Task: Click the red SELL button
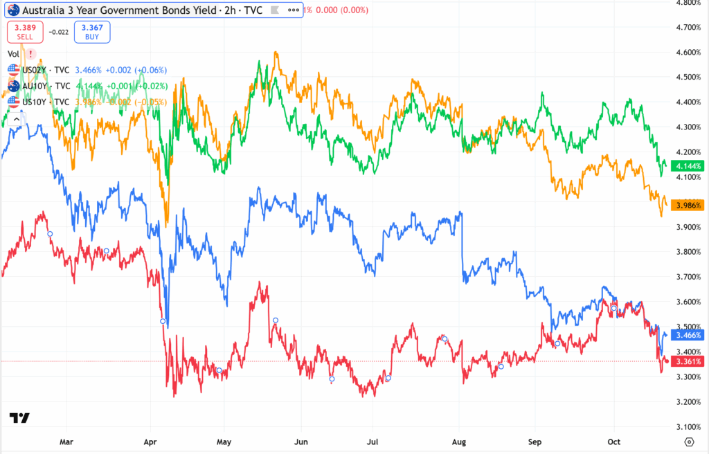(x=25, y=33)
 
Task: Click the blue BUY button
(x=93, y=33)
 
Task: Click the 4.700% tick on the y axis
(x=688, y=27)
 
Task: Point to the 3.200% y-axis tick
(x=688, y=401)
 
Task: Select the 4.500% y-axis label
(x=688, y=77)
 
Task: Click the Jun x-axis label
(x=301, y=440)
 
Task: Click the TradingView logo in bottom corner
(x=19, y=418)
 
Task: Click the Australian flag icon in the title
(x=13, y=10)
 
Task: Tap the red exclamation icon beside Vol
(x=31, y=54)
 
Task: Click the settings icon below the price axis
(x=689, y=441)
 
